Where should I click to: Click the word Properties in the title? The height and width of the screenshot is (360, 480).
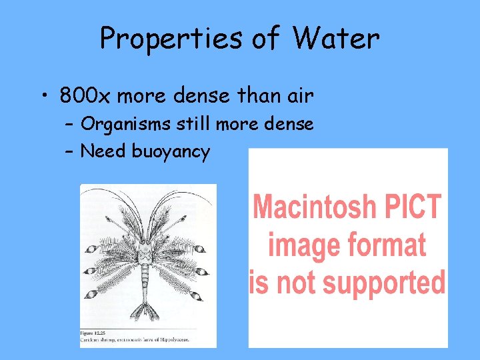171,39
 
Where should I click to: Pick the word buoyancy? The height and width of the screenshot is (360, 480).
171,152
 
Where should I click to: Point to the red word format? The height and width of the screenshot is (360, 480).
385,244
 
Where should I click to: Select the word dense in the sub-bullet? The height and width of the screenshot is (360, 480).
290,123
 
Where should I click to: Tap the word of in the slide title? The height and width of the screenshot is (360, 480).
264,39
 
